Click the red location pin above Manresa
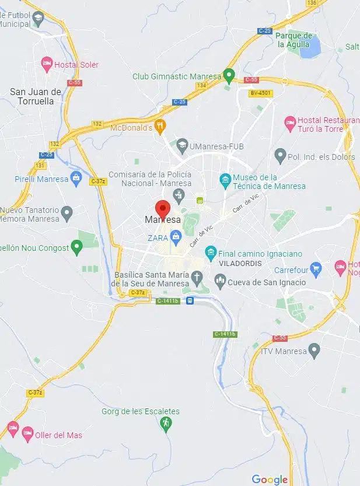click(x=162, y=208)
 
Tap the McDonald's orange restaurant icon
click(x=161, y=125)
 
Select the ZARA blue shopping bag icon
click(x=175, y=237)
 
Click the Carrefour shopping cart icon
click(x=316, y=269)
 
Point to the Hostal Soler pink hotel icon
click(x=47, y=64)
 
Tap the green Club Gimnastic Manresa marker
click(x=230, y=75)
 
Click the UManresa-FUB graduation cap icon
click(x=182, y=144)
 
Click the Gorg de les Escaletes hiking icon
click(x=166, y=422)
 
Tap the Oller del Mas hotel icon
click(x=27, y=433)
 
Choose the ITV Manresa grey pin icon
click(x=314, y=351)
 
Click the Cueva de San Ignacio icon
click(x=221, y=282)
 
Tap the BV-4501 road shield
click(x=261, y=93)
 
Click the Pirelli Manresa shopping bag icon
click(x=76, y=177)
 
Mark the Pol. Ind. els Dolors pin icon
click(x=280, y=156)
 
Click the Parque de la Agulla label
click(x=295, y=40)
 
